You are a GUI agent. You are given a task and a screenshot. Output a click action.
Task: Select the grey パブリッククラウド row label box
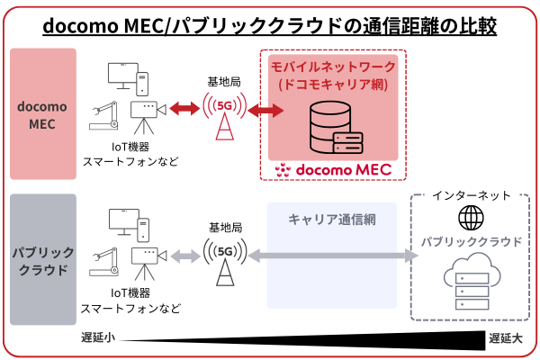[42, 259]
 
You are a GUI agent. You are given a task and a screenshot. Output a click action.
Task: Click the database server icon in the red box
[334, 128]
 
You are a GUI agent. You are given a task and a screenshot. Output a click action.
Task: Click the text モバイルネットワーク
[333, 67]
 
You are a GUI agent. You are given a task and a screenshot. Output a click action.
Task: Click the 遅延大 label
[506, 338]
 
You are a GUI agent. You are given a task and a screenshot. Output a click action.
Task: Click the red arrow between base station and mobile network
[261, 110]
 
